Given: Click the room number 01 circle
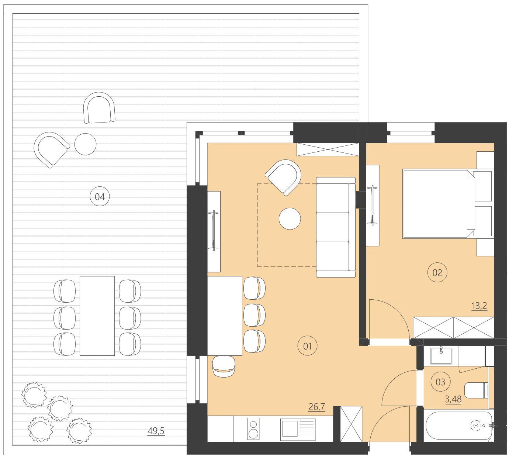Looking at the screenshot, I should (x=307, y=346).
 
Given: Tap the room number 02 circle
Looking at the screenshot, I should (x=437, y=273).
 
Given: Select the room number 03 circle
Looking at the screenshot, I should (x=440, y=382).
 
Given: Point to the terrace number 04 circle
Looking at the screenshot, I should (x=100, y=197).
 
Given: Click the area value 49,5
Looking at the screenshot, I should (x=156, y=431).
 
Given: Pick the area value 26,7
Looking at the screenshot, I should (x=316, y=407).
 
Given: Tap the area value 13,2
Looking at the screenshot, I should (x=479, y=306).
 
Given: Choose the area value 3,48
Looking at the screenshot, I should (x=453, y=399).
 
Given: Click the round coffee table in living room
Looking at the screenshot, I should (x=290, y=218).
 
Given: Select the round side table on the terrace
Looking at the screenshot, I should (x=85, y=144).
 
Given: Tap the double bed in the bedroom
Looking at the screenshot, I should (x=439, y=203).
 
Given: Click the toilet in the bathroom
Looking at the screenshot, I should (x=476, y=390).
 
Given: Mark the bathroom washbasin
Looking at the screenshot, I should (x=441, y=355).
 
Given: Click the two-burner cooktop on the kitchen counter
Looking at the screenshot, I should (x=253, y=429).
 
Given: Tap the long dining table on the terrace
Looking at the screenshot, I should (x=97, y=316).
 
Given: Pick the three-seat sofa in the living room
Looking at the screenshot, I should (x=335, y=227).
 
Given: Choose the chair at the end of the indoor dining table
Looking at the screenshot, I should (x=224, y=366).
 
